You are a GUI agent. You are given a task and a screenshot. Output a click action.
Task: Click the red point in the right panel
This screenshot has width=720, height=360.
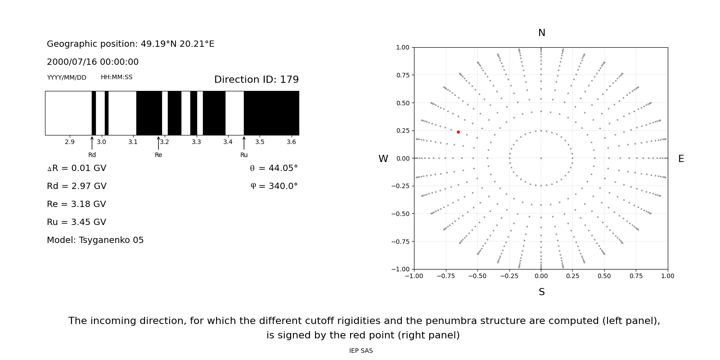pos(458,132)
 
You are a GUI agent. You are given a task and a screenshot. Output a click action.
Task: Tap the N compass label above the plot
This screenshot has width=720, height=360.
pos(541,33)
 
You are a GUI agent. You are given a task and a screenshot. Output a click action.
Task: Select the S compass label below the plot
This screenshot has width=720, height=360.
pos(541,292)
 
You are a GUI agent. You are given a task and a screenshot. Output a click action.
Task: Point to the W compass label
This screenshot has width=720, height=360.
pos(383,159)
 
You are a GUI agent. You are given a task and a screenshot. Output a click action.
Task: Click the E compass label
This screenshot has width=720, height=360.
pos(681,159)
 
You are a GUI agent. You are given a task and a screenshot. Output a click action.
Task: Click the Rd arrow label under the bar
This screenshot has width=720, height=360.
pos(92,155)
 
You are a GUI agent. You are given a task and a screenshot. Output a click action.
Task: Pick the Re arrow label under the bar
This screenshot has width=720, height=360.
pos(158,155)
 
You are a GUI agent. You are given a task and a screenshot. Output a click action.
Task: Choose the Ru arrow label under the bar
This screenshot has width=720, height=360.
pos(244,155)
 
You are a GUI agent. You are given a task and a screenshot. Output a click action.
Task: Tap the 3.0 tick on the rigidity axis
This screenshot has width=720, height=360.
pos(101,142)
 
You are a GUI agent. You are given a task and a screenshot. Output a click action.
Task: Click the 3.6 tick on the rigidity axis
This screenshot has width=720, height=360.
pos(292,142)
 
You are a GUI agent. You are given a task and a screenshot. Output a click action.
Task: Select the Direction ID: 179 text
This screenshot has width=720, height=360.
pos(256,80)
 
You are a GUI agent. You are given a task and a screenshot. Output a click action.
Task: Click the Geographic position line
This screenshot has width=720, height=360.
pos(130,44)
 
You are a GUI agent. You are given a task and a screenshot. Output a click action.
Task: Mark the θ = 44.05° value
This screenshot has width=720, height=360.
pos(274,168)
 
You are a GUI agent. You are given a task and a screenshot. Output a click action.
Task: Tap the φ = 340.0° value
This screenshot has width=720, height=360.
pos(274,186)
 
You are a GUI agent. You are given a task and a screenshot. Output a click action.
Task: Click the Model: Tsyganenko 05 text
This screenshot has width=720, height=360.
pos(95,240)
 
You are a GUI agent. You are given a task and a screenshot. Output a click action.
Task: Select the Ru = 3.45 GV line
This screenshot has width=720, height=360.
pos(76,222)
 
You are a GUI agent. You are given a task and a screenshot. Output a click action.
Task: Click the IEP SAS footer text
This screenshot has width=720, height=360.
pos(361,351)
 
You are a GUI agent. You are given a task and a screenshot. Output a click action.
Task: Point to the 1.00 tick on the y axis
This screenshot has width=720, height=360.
pos(402,47)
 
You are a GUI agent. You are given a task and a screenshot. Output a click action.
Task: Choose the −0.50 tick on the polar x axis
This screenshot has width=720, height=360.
pos(477,276)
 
